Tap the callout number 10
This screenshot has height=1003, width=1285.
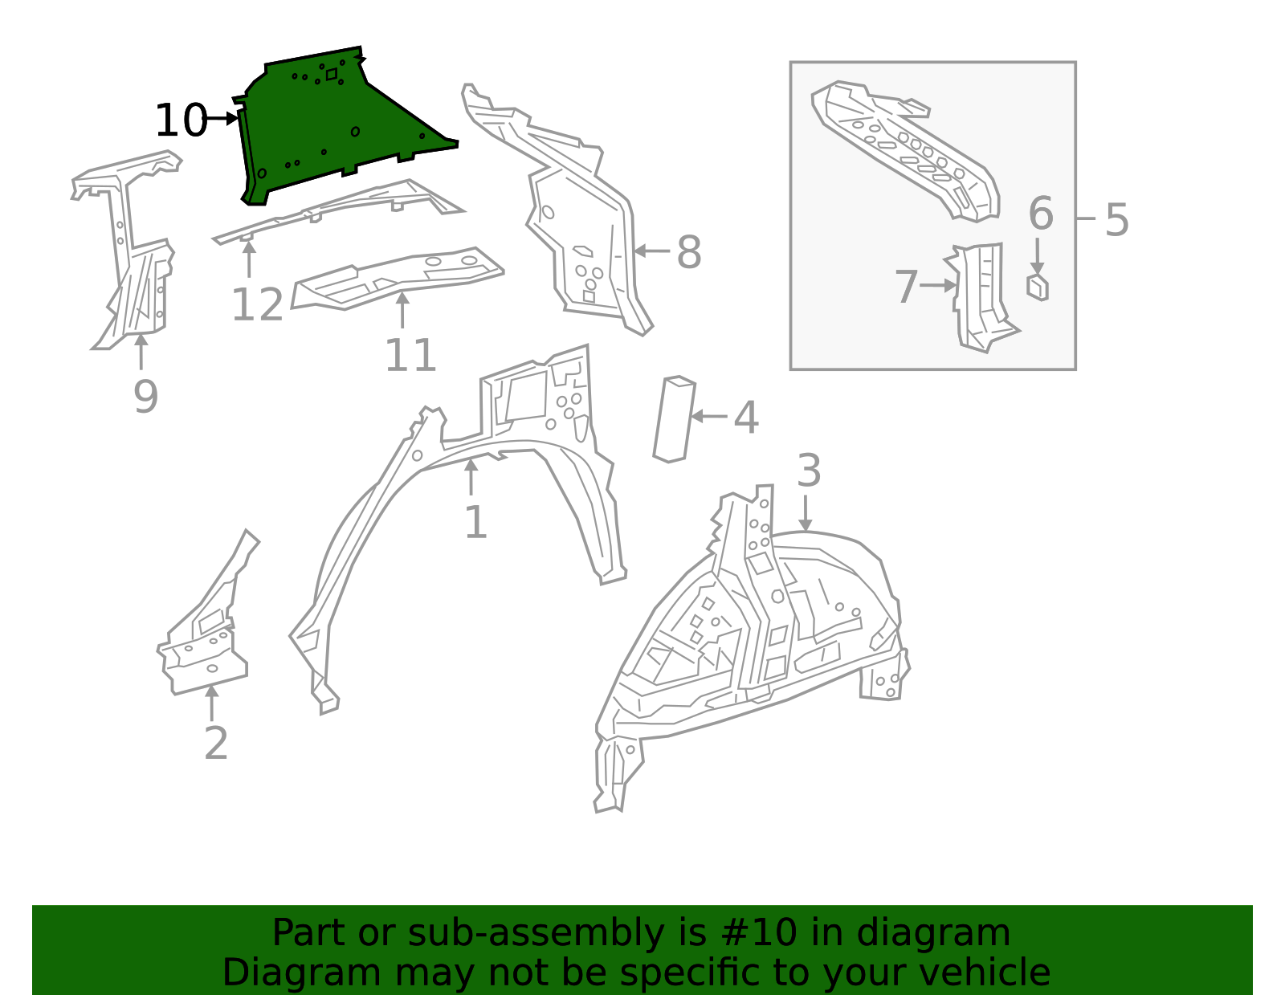point(180,120)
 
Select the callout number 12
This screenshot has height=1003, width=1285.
point(257,305)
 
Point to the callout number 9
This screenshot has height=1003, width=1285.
point(145,397)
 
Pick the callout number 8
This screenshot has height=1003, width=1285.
point(688,252)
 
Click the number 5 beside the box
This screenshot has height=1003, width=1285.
point(1116,219)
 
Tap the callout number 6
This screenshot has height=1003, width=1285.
point(1040,214)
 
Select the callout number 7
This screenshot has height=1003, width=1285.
point(906,287)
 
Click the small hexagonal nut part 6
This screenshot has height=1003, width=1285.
point(1038,287)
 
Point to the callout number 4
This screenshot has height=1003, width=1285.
point(746,418)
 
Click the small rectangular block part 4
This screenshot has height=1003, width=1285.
point(674,419)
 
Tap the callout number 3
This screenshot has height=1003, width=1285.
point(809,471)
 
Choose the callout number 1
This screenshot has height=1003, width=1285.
point(475,523)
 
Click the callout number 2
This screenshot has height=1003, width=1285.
point(216,744)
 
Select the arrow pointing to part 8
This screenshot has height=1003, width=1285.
point(651,251)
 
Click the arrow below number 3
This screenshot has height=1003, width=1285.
point(806,513)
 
